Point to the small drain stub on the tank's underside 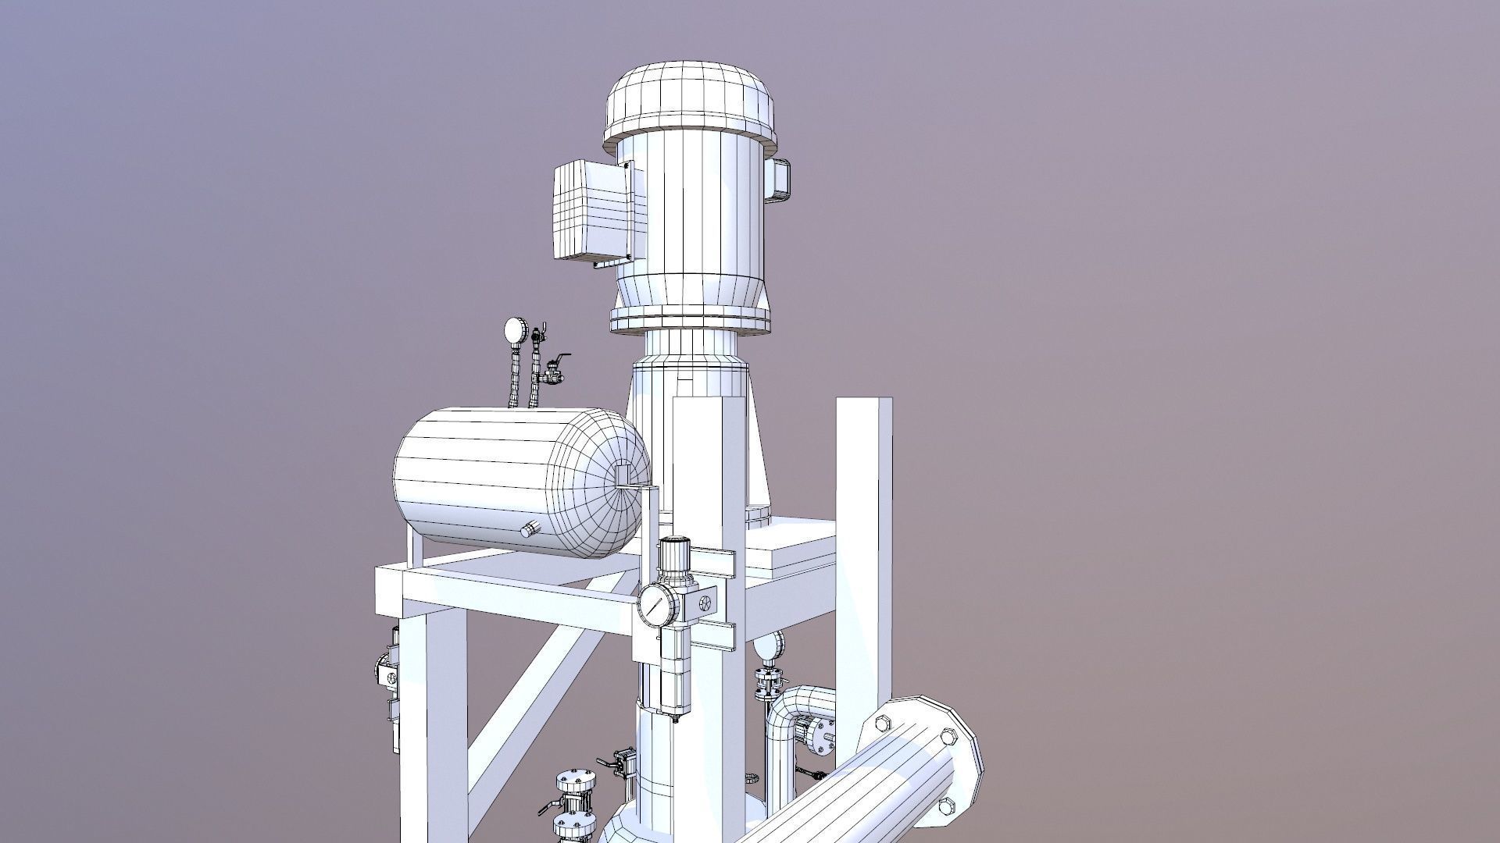tap(530, 530)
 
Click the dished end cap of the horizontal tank tap(609, 484)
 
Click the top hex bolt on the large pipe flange tap(948, 737)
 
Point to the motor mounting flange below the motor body tap(690, 318)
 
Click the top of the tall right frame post tap(864, 403)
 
